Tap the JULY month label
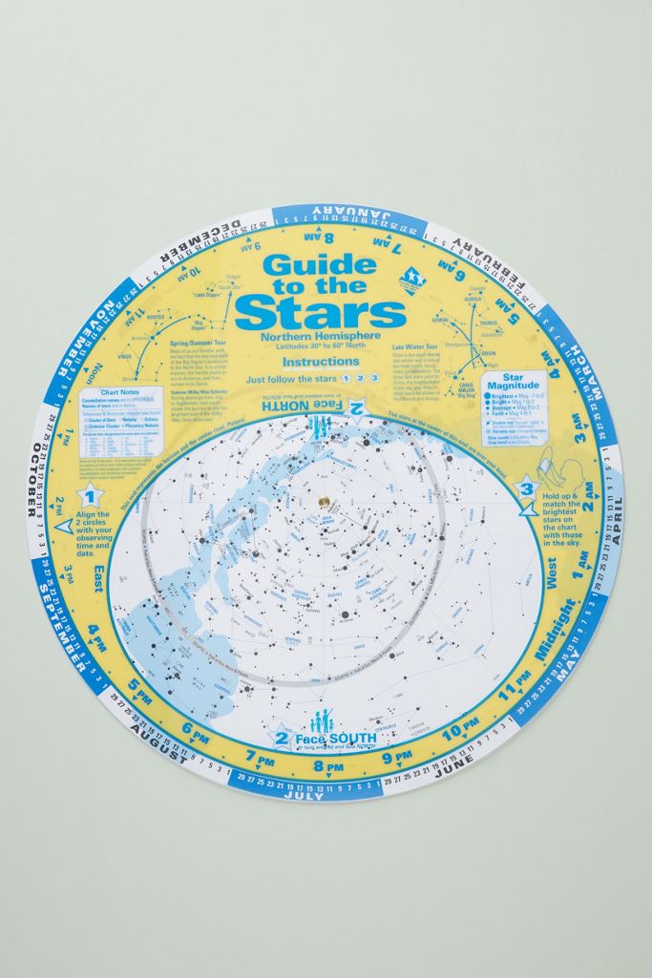tap(304, 794)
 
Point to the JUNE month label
tap(454, 771)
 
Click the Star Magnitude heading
tap(521, 383)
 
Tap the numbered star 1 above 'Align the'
tap(90, 494)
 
